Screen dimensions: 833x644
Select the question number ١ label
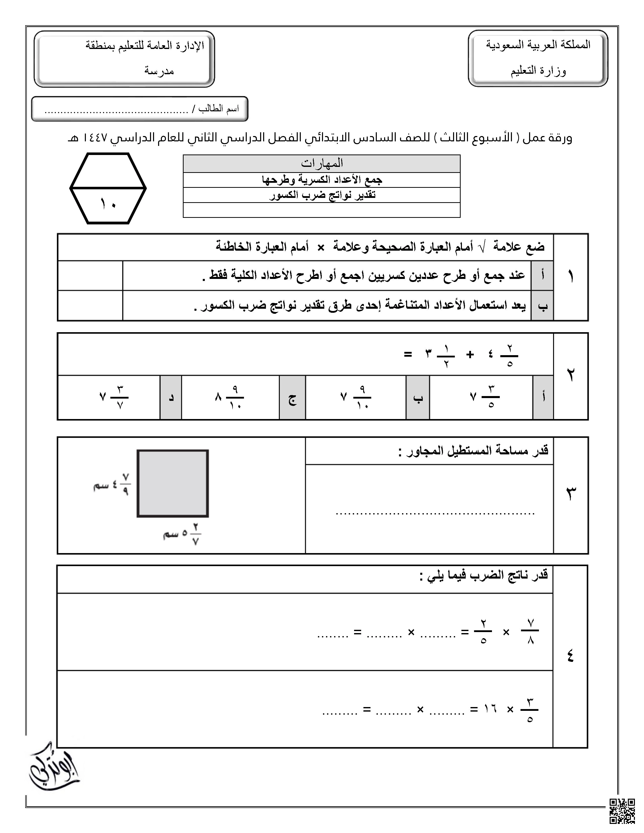click(x=571, y=276)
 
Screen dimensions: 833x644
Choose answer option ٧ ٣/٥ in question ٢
click(x=484, y=397)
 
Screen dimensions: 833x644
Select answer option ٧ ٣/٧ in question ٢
click(x=114, y=397)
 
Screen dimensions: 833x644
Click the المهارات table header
click(x=321, y=164)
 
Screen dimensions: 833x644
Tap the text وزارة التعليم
click(x=538, y=71)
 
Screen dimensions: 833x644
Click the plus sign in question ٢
click(x=470, y=354)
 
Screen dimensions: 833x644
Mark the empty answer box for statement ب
click(x=90, y=305)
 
